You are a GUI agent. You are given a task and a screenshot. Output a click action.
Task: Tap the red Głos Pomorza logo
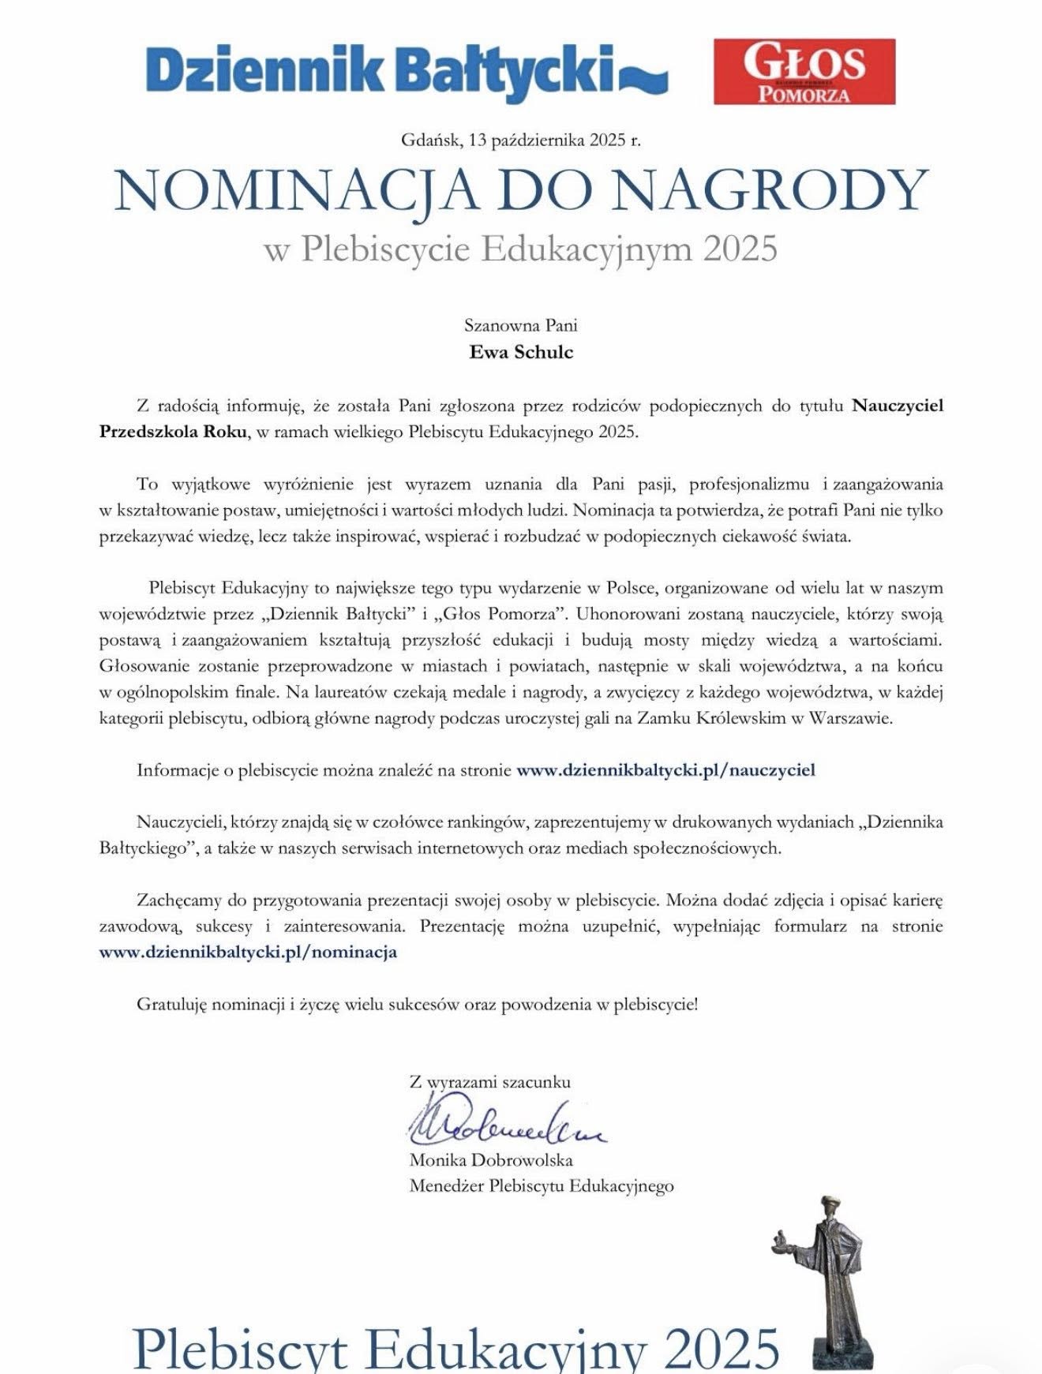click(x=804, y=72)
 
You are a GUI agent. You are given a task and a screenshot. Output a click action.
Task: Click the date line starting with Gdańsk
click(x=521, y=140)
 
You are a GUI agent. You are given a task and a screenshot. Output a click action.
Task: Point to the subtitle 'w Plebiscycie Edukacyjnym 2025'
click(x=521, y=249)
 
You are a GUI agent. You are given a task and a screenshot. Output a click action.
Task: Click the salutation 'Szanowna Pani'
click(x=521, y=325)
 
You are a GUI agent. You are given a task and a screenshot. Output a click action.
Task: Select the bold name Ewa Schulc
click(x=521, y=352)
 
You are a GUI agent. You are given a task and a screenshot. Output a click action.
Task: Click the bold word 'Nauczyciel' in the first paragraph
click(x=898, y=406)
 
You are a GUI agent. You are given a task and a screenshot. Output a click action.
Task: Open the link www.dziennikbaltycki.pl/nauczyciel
click(x=665, y=770)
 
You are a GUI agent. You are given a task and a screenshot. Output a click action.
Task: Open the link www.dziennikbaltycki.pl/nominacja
click(x=248, y=952)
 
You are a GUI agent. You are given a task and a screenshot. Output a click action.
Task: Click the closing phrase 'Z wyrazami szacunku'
click(x=489, y=1082)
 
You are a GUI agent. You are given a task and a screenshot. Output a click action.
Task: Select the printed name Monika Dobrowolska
click(x=491, y=1160)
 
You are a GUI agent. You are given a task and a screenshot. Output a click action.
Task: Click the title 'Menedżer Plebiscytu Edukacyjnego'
click(x=542, y=1185)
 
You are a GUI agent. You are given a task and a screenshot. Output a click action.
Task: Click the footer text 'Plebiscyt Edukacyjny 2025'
click(x=456, y=1348)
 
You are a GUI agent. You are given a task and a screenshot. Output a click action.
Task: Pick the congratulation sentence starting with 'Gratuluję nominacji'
click(x=417, y=1005)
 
